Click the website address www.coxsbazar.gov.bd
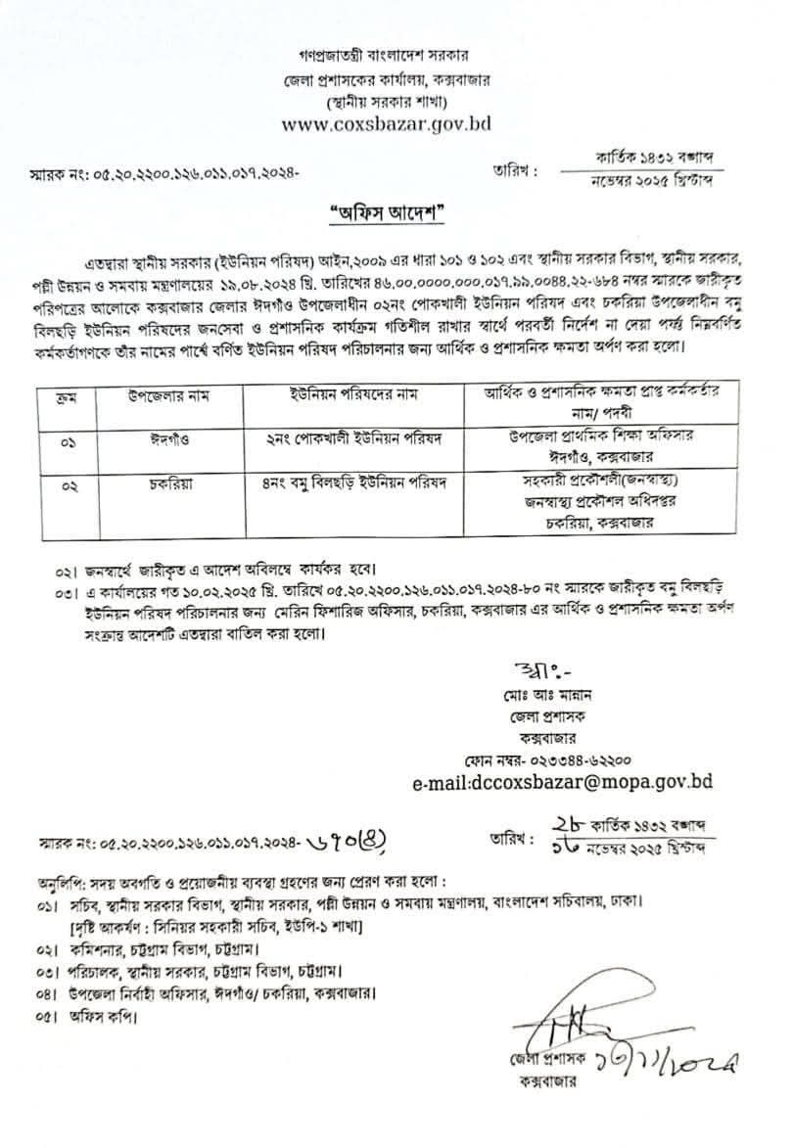pos(386,124)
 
